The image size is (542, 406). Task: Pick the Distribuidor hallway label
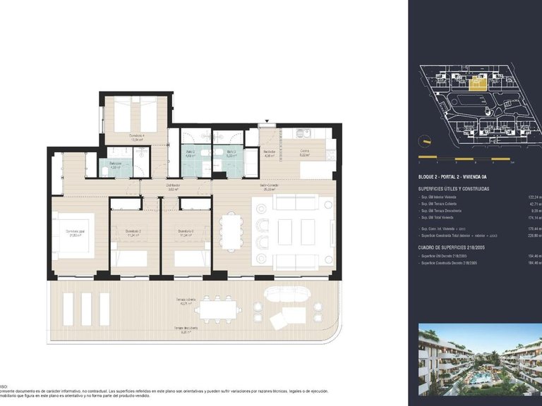(172, 187)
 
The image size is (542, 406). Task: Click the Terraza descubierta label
(186, 328)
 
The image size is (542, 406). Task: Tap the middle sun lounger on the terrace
(87, 308)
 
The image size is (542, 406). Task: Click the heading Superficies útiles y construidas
(454, 189)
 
